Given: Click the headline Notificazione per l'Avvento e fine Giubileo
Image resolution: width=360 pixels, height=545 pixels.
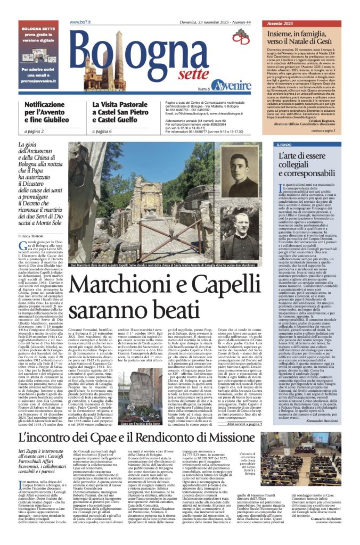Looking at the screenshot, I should click(47, 113).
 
